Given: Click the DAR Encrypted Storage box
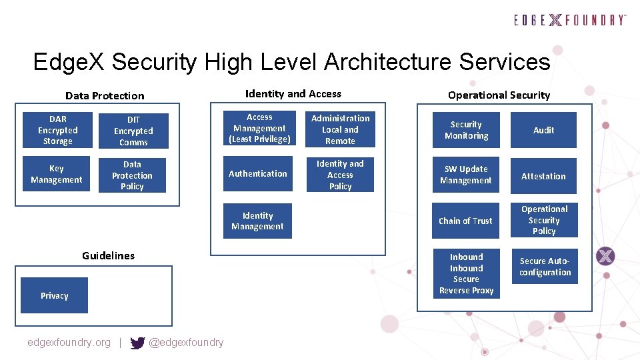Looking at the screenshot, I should [57, 130].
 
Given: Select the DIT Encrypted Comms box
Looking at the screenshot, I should [133, 131].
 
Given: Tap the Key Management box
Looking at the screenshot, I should [57, 174].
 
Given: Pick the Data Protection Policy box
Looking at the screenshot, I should [132, 175].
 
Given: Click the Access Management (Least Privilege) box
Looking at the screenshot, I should [259, 128].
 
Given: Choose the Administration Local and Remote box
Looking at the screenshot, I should [340, 129].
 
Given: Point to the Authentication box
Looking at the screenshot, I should [258, 173].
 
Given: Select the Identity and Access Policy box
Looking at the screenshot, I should [340, 175].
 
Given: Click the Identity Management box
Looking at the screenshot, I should [257, 221].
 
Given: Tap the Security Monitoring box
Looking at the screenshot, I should [466, 130].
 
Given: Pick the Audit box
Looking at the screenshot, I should [543, 130].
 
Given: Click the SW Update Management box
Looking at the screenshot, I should [466, 175].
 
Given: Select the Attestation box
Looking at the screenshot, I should [543, 176].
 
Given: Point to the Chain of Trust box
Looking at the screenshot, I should [465, 221].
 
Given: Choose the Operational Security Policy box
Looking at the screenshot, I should [544, 220].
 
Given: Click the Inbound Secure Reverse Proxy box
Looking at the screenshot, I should [466, 273].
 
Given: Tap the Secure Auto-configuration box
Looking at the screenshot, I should [545, 267].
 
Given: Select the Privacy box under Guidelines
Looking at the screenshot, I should [54, 295].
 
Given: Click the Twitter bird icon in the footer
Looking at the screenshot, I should [137, 343].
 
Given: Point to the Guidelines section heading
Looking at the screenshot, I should [108, 255].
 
